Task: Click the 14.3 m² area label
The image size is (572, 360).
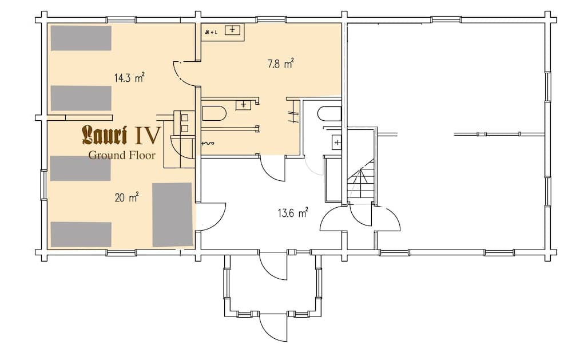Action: point(129,78)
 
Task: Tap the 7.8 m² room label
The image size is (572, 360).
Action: point(280,64)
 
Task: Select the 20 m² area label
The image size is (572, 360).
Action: point(126,198)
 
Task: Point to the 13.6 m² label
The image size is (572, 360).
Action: point(293,213)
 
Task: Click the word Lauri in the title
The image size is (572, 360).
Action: point(105,135)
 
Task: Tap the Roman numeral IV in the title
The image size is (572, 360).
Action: point(146,135)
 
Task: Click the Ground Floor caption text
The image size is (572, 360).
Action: point(121,155)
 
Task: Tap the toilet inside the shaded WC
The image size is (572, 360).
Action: point(214,113)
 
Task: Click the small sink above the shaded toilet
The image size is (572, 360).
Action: point(244,104)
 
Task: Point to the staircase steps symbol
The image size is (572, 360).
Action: point(362,179)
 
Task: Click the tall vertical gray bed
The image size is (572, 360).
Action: point(172,214)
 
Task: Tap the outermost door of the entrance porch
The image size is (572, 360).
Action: point(273,327)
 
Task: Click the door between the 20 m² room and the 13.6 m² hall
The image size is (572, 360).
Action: point(210,216)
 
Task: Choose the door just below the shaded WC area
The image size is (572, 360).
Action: point(273,168)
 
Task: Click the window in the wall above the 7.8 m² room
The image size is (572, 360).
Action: point(271,19)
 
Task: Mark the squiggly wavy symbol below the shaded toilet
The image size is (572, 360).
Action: point(207,143)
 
